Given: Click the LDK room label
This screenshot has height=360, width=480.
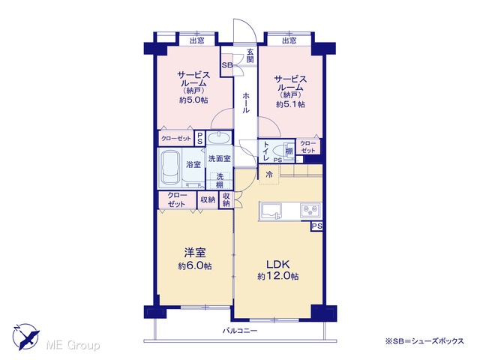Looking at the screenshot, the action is click(x=277, y=264).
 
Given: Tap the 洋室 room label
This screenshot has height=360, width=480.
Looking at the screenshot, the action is click(x=195, y=253).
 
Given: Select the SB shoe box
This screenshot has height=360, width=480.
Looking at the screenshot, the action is click(x=227, y=65).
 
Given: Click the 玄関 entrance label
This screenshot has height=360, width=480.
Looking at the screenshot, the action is click(x=250, y=55).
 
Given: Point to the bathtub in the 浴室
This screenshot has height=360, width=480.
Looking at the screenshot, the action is click(x=169, y=168).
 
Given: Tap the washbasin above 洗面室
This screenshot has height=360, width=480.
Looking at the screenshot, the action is click(x=219, y=138).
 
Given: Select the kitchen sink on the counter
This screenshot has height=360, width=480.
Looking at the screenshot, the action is click(x=270, y=211).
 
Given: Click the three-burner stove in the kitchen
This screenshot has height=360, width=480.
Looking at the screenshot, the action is click(x=310, y=211).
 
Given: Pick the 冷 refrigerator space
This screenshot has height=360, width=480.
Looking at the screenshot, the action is click(x=269, y=175).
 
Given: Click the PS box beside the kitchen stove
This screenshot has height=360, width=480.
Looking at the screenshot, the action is click(x=316, y=226).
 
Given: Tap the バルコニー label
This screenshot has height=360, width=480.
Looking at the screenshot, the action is click(x=240, y=331).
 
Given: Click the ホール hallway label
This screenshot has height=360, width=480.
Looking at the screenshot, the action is click(x=245, y=103).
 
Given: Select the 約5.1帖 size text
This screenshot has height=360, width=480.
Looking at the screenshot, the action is click(x=290, y=104).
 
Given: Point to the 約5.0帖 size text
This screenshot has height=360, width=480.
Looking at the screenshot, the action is click(x=193, y=100).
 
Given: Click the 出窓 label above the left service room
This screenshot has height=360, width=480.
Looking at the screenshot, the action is click(x=197, y=40).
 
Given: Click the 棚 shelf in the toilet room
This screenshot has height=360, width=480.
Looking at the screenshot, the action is click(x=289, y=151).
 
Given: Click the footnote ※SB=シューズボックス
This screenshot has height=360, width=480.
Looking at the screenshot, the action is click(x=425, y=341).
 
